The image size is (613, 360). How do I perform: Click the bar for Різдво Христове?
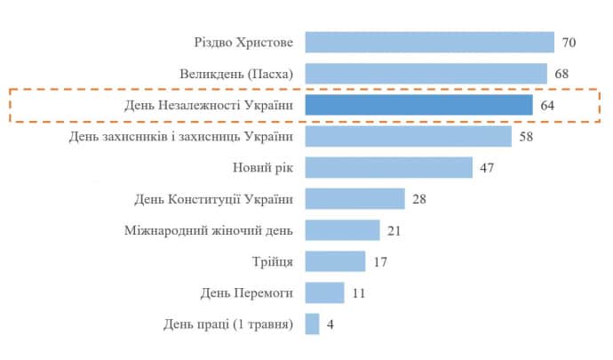(x=429, y=42)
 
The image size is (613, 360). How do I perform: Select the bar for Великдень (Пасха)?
(x=426, y=73)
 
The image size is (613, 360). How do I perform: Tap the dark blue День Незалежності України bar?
(x=418, y=105)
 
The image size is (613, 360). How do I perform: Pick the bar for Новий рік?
(x=388, y=167)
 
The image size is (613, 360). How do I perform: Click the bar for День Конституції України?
(x=354, y=198)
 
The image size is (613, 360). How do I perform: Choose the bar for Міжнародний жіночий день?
(x=342, y=230)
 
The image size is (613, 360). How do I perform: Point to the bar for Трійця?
(x=335, y=261)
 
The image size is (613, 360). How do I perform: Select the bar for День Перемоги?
(x=324, y=292)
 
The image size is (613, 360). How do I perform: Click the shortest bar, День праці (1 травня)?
(x=312, y=324)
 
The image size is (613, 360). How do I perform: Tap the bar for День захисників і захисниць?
(x=408, y=136)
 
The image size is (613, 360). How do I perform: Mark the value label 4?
(x=330, y=324)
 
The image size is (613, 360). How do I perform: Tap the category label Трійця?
(x=273, y=261)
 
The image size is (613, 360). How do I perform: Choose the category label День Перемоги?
(x=250, y=292)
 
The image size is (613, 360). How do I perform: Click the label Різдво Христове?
(x=243, y=42)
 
